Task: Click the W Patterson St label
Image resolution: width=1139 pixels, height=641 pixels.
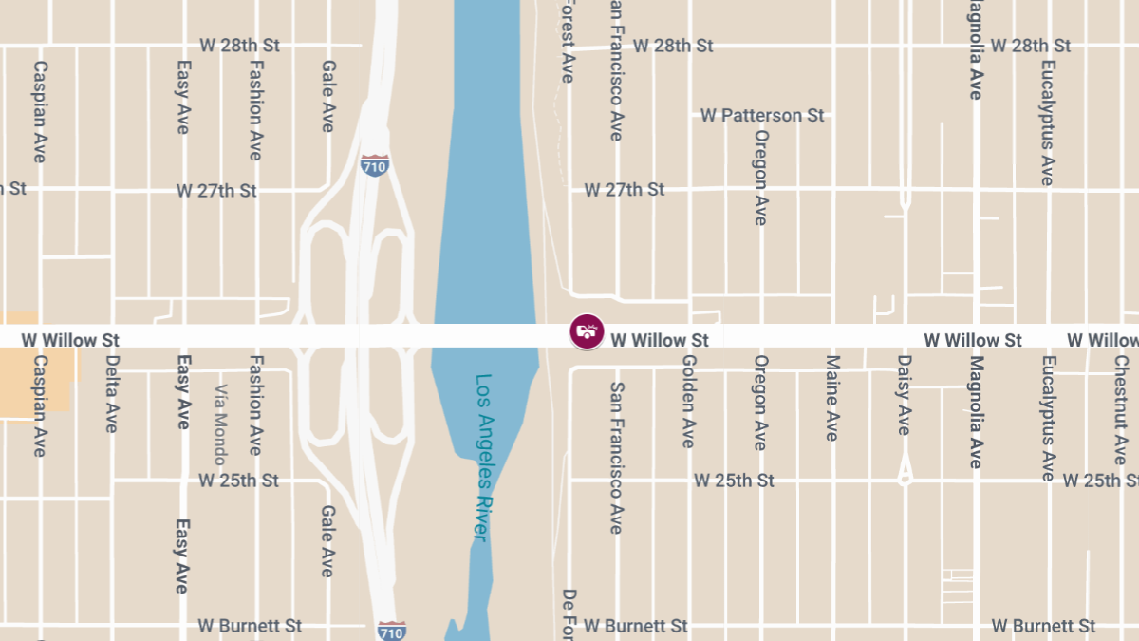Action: point(762,115)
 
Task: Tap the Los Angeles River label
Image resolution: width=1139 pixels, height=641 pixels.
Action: point(483,458)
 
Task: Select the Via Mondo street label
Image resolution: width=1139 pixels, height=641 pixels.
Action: point(220,424)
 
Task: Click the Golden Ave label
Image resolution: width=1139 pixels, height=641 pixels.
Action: point(689,401)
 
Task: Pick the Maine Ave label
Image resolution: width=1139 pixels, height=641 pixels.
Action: point(832,398)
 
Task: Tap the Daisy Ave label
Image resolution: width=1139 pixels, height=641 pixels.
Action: point(904,395)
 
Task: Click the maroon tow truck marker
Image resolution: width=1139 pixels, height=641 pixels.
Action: point(588,331)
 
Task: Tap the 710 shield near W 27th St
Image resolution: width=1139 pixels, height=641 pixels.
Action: point(375,165)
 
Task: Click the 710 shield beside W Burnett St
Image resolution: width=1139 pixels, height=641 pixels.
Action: point(391,630)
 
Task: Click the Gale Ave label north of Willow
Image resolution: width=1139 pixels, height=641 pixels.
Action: point(328,96)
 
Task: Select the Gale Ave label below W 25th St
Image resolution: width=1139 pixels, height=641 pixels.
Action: point(327,541)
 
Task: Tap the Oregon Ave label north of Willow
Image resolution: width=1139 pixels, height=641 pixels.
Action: point(760,177)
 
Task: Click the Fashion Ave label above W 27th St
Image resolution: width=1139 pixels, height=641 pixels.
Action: point(255,110)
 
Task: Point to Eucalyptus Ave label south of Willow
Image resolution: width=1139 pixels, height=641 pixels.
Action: point(1048,419)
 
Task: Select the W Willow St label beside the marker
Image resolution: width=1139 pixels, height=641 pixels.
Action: point(660,340)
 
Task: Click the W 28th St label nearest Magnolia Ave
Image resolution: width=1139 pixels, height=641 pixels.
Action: point(1031,46)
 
